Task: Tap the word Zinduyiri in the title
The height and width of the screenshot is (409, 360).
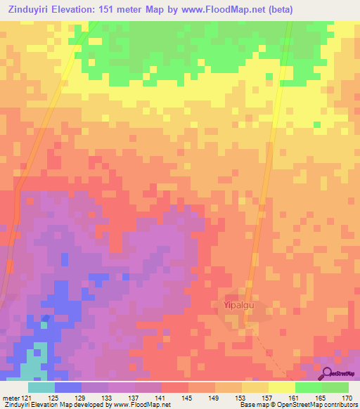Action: (x=30, y=9)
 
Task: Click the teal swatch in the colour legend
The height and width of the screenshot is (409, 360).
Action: (x=41, y=387)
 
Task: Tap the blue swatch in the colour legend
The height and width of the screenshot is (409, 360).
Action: (x=68, y=387)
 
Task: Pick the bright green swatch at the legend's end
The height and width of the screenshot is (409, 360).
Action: (x=335, y=387)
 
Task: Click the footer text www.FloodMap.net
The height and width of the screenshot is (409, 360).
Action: (x=141, y=405)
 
